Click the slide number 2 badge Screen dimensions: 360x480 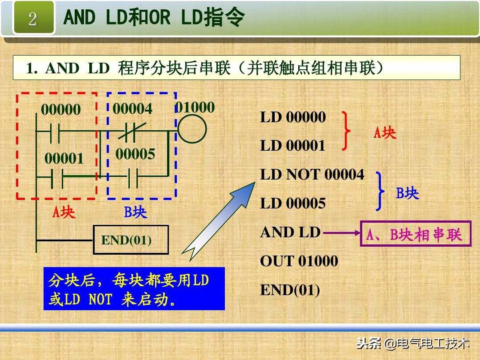33,18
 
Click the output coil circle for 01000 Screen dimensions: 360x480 192,130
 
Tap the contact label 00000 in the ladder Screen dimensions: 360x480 61,110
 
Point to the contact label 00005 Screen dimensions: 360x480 135,154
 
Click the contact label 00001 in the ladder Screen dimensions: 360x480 64,158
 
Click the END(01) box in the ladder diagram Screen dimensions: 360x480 131,240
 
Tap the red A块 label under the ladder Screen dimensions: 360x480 64,212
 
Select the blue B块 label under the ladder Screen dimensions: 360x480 135,212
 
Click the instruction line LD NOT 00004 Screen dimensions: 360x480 312,175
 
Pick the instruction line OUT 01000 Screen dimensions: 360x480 299,261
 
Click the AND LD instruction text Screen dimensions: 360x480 290,232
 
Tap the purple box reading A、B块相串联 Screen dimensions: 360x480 415,234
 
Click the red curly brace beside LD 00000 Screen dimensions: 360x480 346,131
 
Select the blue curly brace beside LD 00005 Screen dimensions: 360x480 380,191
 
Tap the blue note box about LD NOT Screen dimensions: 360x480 134,288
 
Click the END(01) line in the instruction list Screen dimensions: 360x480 290,290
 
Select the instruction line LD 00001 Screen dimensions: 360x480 293,146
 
